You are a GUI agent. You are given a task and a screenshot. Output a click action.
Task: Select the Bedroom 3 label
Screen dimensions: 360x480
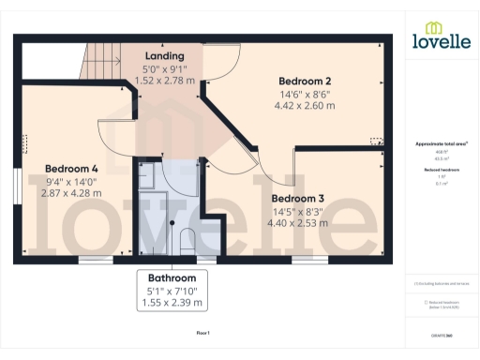[298, 198]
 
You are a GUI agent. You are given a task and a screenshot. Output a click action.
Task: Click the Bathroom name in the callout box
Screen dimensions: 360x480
[172, 278]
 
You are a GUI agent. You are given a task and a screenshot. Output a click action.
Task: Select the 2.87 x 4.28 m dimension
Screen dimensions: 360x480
[70, 194]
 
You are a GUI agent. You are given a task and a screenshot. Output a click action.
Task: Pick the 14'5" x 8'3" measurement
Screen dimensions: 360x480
[298, 211]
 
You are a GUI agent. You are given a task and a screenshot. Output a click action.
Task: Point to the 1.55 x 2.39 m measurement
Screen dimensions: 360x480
[172, 304]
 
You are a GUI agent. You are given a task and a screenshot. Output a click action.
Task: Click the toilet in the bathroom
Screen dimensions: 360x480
[187, 240]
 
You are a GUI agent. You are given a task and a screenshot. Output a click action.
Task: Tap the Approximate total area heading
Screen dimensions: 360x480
[440, 143]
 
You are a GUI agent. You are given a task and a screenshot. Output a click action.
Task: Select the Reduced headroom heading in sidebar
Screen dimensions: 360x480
[440, 171]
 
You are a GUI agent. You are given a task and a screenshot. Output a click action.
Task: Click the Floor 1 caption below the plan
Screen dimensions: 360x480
[202, 333]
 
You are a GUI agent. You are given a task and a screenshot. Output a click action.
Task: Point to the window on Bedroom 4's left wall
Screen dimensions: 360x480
[17, 185]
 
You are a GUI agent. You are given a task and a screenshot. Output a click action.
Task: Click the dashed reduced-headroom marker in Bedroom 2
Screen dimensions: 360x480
[377, 141]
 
